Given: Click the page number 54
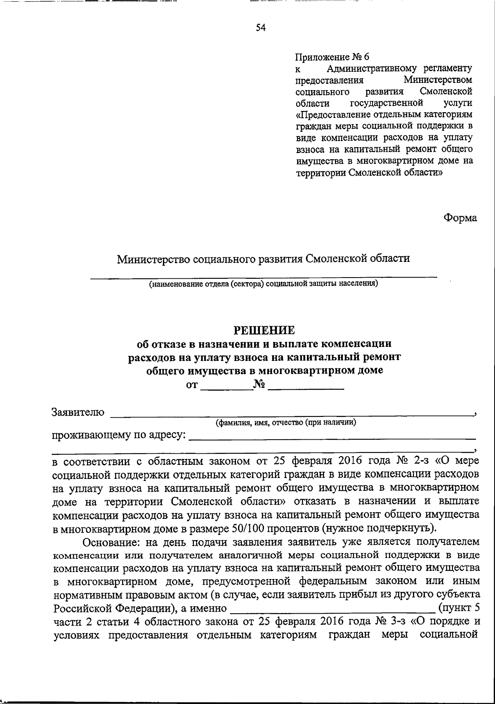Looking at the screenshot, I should (260, 28).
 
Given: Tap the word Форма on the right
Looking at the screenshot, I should (460, 218).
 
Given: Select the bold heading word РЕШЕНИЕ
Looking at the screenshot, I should (264, 330).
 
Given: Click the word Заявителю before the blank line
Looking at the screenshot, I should (78, 412).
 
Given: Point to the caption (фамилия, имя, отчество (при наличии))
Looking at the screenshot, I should (286, 423).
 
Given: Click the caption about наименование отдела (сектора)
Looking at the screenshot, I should (264, 284).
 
